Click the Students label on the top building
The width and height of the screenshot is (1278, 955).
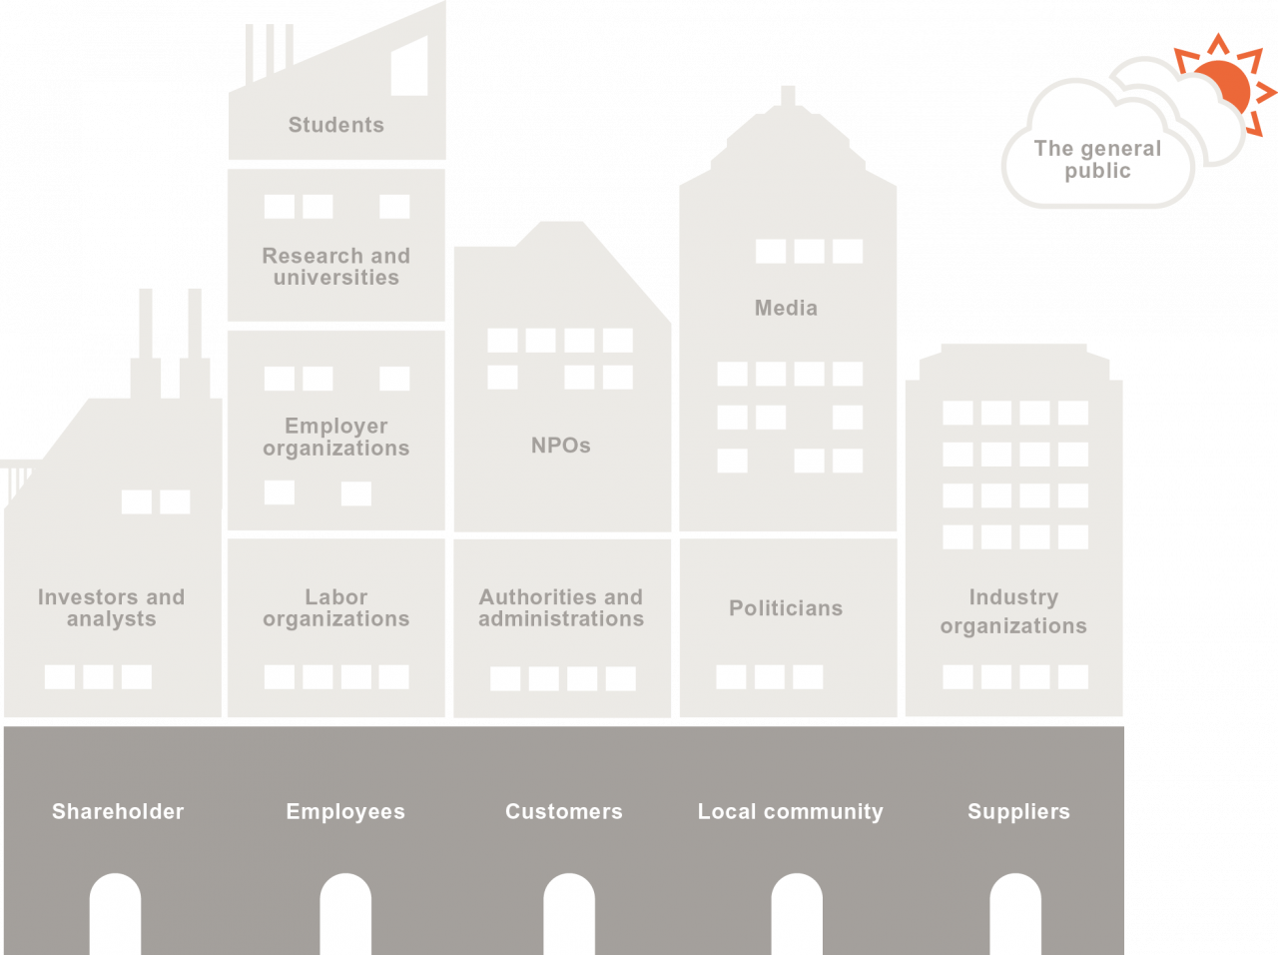tap(335, 125)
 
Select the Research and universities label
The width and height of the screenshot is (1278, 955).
tap(335, 267)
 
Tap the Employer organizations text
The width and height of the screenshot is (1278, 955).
tap(335, 437)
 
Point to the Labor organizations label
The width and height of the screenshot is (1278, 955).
tap(335, 607)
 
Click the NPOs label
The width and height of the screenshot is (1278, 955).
tap(560, 446)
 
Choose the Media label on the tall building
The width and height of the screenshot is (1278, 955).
tap(786, 308)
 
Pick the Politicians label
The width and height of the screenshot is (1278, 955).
tap(786, 608)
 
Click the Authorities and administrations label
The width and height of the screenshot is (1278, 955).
tap(560, 607)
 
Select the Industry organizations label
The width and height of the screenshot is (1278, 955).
tap(1013, 611)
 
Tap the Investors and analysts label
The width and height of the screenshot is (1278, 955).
tap(111, 607)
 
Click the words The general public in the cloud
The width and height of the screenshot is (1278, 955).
tap(1097, 160)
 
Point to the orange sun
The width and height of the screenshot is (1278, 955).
tap(1222, 86)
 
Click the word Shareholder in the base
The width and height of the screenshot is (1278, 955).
tap(118, 811)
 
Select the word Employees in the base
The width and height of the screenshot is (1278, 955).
tap(345, 811)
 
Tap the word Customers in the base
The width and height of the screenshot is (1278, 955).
tap(563, 811)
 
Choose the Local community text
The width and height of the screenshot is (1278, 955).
tap(790, 811)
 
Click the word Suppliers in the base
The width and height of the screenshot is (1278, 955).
tap(1018, 811)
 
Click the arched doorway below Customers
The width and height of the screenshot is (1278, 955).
tap(569, 914)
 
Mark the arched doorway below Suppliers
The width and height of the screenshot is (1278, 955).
tap(1015, 914)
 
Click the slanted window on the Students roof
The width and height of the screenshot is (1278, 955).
tap(409, 68)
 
